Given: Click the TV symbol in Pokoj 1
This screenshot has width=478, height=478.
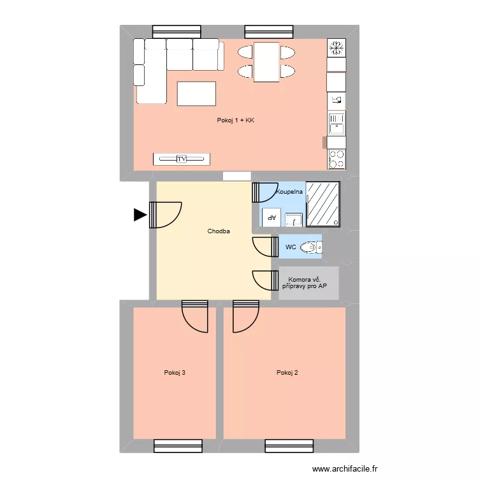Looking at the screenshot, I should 182,159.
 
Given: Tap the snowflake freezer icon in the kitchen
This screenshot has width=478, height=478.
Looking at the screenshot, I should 337,47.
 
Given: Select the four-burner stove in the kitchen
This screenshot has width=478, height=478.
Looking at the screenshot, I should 337,159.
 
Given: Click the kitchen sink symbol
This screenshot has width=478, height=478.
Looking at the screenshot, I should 337,124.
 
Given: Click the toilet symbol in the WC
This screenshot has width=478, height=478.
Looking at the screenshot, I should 310,247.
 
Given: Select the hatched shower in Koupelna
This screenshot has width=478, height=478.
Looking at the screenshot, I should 323,204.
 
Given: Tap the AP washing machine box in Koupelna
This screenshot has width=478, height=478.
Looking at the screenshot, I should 272,217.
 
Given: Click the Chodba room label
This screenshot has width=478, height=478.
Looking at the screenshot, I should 219,231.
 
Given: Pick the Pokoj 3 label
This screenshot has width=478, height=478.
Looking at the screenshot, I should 175,373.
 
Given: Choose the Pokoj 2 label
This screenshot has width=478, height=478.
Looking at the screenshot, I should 287,373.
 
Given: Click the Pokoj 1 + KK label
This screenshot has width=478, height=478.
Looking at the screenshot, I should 236,120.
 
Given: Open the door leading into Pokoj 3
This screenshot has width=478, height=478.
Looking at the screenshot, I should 195,315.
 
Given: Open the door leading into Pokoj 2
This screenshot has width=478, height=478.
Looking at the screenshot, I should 245,315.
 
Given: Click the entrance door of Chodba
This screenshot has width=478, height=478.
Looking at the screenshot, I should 165,215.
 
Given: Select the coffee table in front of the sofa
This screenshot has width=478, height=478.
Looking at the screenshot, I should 196,94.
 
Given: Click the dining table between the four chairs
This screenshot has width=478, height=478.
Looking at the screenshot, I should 266,62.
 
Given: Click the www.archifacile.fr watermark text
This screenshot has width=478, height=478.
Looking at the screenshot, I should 345,468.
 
